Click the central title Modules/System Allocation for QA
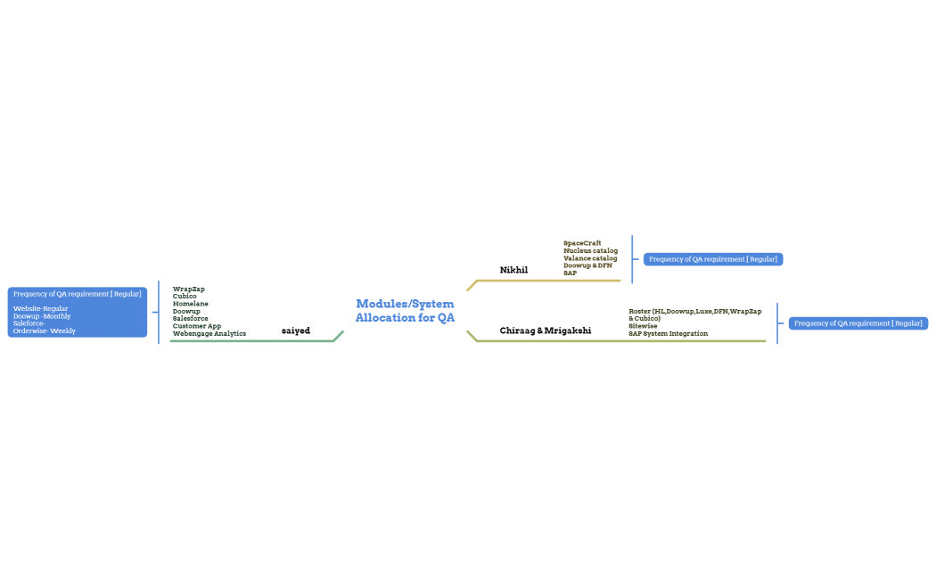[x=405, y=311]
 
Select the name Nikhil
[x=513, y=270]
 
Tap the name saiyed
[x=296, y=330]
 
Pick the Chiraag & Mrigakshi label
[x=545, y=330]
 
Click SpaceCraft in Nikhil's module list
[x=582, y=243]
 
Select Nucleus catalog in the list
[x=590, y=250]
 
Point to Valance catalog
[x=590, y=258]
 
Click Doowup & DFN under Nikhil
[x=587, y=265]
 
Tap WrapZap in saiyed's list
[x=189, y=289]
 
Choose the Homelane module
[x=191, y=304]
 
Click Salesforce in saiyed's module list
[x=191, y=318]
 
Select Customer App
[x=197, y=326]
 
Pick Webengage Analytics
[x=209, y=333]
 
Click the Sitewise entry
[x=643, y=326]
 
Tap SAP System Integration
[x=668, y=333]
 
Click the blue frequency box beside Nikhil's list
[x=713, y=259]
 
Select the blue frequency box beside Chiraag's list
[x=858, y=323]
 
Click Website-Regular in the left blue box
[x=41, y=308]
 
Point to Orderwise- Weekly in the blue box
[x=45, y=330]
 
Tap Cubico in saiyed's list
[x=185, y=296]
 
